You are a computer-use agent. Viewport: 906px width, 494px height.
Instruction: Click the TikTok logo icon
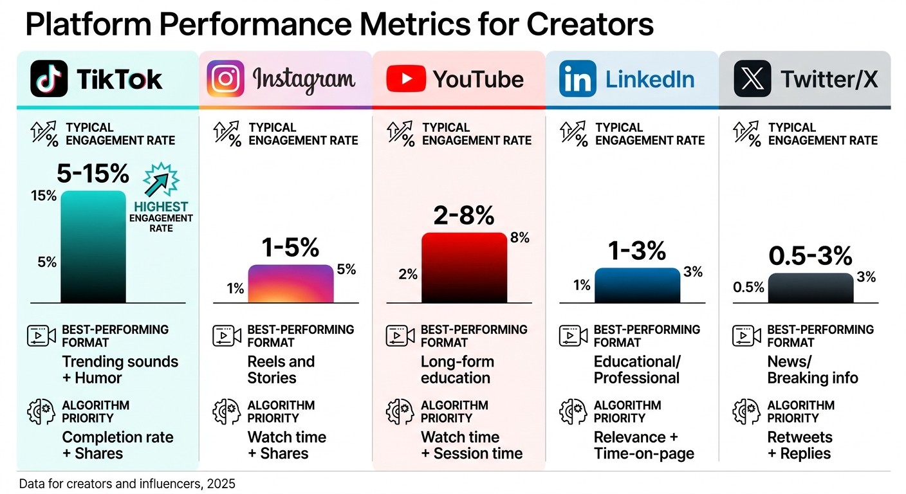49,78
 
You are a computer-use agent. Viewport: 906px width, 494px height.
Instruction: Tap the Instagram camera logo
225,78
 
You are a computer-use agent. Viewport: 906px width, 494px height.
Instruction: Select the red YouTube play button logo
405,79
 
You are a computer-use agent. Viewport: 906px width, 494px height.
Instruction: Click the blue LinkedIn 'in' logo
577,79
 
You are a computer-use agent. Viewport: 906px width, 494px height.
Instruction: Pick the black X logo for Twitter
752,79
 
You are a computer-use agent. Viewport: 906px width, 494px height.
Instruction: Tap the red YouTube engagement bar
464,268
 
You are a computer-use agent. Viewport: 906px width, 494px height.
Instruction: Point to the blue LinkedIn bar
637,285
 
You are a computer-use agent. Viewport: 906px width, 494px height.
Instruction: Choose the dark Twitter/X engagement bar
810,288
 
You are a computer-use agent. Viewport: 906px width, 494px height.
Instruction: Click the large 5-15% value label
94,174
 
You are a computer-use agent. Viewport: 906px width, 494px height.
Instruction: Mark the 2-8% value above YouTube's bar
464,215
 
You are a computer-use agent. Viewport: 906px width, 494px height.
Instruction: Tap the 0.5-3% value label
810,256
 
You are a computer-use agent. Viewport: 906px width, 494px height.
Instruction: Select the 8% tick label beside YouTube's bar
519,238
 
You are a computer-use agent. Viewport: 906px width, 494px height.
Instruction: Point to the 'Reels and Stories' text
281,370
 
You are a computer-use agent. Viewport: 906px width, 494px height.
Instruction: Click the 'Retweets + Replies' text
799,445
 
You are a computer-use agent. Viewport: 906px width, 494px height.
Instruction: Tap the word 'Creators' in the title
590,24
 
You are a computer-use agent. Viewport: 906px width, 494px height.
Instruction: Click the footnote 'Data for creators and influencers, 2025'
127,484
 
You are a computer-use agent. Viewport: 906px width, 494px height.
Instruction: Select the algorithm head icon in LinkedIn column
573,412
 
